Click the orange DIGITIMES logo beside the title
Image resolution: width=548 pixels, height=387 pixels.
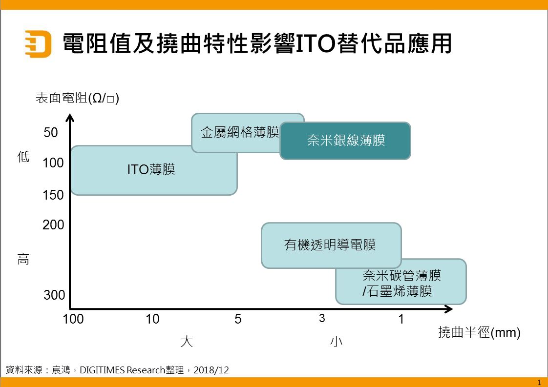pos(38,44)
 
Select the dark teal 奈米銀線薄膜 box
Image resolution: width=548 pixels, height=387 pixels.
pos(345,141)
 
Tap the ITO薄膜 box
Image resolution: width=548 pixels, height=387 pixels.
pos(154,170)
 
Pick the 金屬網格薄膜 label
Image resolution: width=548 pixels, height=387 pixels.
pos(240,132)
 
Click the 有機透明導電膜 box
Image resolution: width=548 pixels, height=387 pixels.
pos(331,245)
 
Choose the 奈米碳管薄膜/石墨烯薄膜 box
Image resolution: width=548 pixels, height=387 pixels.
pos(401,282)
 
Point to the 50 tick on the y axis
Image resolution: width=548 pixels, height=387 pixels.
pos(51,132)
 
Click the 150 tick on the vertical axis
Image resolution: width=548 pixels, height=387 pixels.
pos(53,195)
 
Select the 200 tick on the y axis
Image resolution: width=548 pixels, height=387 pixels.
pos(53,224)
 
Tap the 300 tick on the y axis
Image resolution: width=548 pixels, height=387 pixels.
pos(54,295)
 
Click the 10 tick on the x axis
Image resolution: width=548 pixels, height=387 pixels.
pos(152,319)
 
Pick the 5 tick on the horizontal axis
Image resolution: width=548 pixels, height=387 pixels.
pos(238,319)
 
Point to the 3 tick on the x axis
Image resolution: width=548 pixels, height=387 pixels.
pos(322,318)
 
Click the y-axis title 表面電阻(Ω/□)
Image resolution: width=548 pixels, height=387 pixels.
pos(77,98)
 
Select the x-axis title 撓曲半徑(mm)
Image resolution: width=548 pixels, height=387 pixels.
pos(479,332)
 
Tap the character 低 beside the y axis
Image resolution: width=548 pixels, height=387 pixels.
pos(23,157)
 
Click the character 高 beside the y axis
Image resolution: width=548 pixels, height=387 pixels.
pos(23,259)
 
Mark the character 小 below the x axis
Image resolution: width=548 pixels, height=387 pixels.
pos(336,341)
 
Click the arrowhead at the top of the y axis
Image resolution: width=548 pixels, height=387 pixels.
pos(70,118)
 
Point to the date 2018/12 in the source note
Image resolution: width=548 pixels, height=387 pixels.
pos(211,370)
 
